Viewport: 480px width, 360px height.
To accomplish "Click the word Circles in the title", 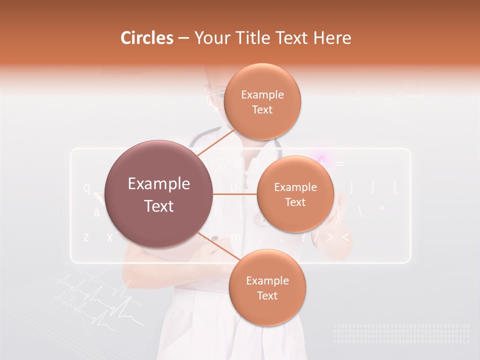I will [x=147, y=38].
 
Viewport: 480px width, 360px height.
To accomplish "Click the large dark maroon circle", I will [x=159, y=194].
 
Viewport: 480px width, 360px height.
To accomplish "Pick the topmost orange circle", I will [x=262, y=101].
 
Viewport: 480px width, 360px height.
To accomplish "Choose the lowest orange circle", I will [x=267, y=288].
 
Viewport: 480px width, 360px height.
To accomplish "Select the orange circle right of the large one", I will [x=295, y=194].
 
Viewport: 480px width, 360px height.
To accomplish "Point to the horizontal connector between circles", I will [x=235, y=194].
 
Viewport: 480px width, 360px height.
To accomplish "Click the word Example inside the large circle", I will [x=159, y=184].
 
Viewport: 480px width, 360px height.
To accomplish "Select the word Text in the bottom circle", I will [x=267, y=295].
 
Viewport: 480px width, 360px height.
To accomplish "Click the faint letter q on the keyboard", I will [x=86, y=188].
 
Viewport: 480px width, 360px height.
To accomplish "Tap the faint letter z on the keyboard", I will [x=86, y=236].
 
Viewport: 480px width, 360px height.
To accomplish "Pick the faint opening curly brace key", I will [x=395, y=187].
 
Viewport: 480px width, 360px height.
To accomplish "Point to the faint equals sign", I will [x=340, y=163].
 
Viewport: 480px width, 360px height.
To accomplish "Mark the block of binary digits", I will [x=401, y=333].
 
